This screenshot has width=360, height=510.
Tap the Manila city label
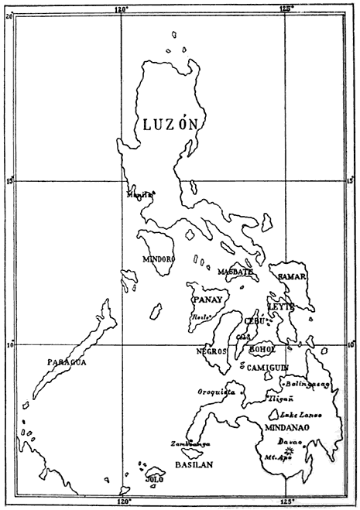(x=140, y=196)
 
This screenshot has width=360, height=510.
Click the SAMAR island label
(x=293, y=276)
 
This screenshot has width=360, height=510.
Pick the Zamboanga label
(x=189, y=444)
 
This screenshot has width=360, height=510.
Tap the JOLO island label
(x=154, y=480)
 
